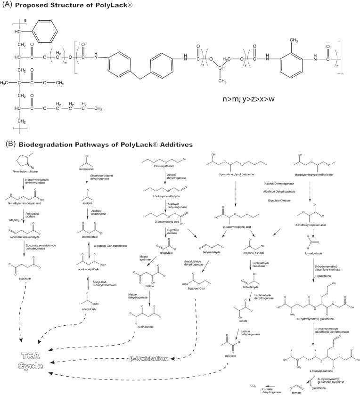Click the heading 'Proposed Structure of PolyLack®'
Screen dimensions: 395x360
click(x=71, y=6)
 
